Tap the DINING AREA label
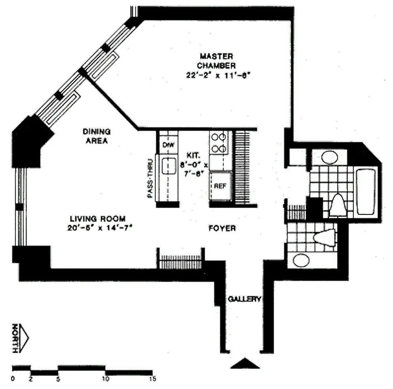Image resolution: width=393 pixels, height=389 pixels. pos(96,136)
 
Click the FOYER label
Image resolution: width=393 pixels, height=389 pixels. pos(222,228)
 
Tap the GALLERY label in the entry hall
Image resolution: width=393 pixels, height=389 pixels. pos(245,299)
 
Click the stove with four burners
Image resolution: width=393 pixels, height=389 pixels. pos(219,142)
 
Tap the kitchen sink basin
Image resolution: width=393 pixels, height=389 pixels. pos(168,166)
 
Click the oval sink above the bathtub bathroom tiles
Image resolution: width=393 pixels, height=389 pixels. pos(330,158)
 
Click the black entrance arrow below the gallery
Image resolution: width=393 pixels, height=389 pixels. pos(245,364)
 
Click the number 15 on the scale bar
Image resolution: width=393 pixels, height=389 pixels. pos(152,378)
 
